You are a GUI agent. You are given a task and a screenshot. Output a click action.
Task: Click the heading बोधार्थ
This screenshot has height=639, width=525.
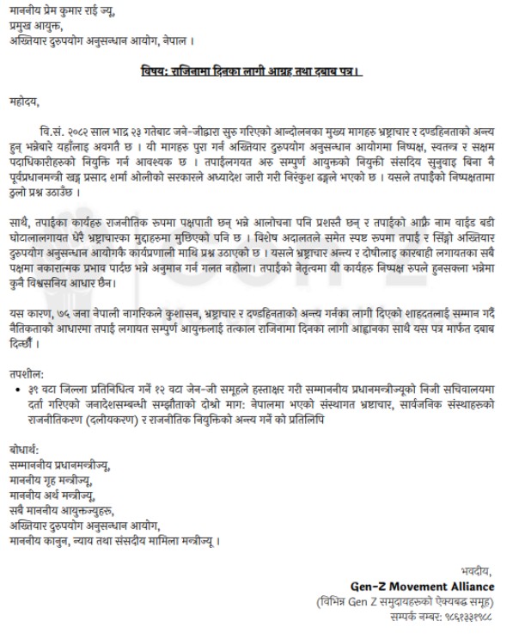coord(29,448)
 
